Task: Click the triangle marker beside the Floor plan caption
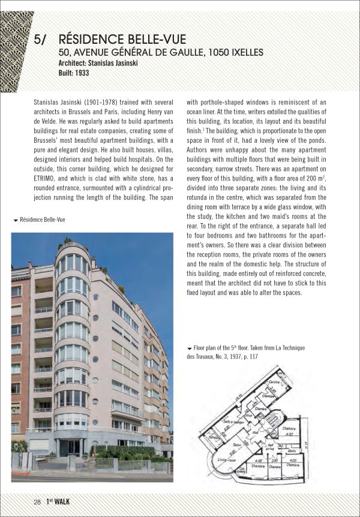click(190, 348)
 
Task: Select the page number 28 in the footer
click(37, 501)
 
